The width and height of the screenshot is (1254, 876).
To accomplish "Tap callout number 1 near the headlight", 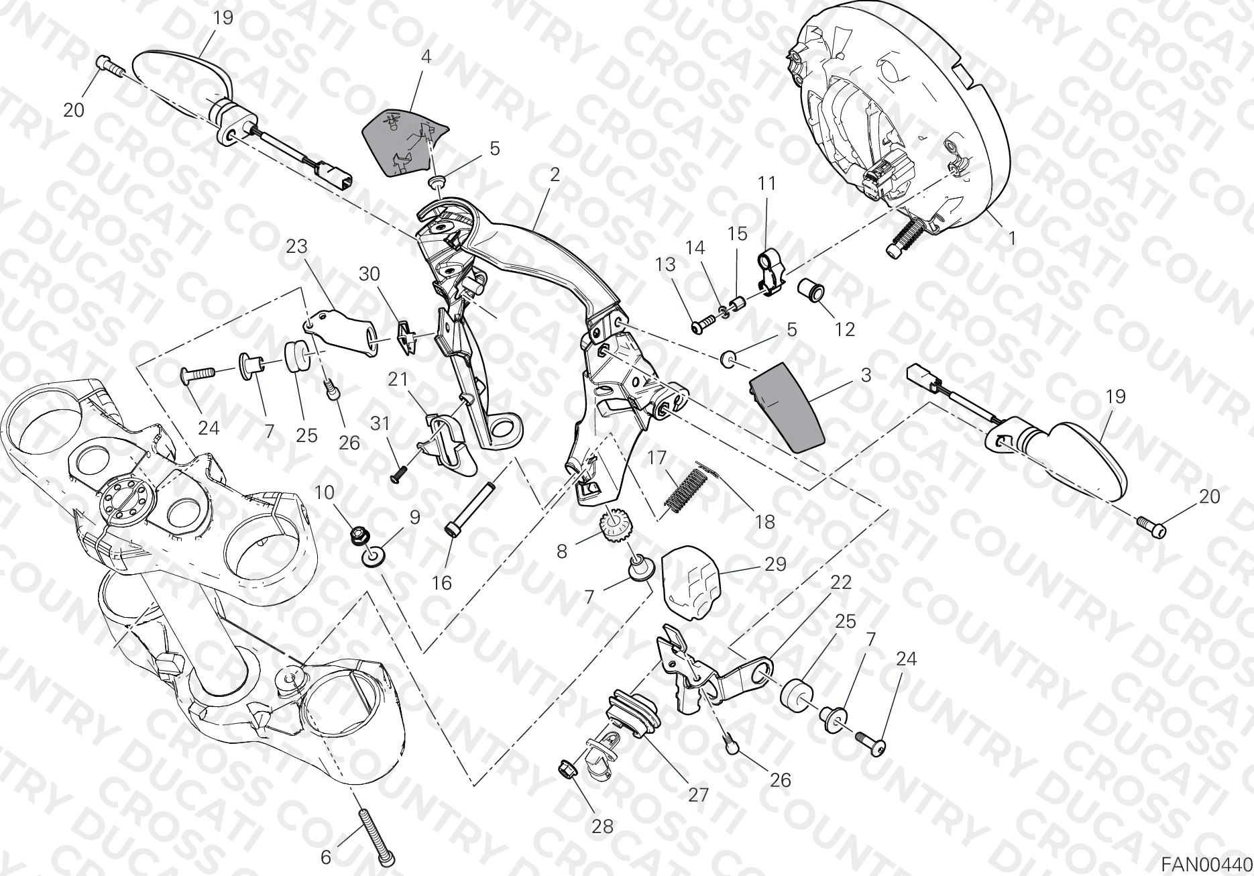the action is [1012, 238].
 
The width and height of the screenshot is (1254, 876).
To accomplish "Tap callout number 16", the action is [441, 583].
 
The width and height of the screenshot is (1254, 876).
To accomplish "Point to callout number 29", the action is [775, 565].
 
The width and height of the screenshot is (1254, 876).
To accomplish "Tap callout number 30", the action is [369, 274].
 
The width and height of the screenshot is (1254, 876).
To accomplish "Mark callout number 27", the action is [698, 795].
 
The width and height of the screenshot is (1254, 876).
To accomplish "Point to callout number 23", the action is [296, 247].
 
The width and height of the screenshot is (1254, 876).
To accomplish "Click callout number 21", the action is [398, 379].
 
